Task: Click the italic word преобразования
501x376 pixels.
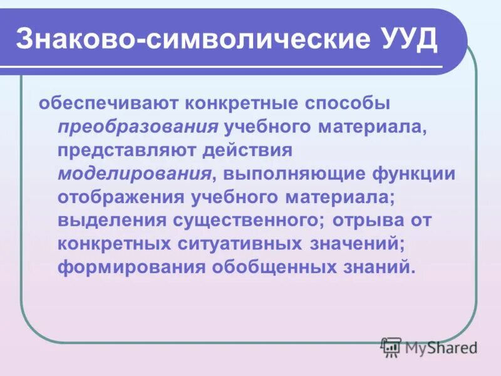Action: tap(138, 125)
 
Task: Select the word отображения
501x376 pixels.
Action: tap(118, 197)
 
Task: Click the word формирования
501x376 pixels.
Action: tap(131, 268)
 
